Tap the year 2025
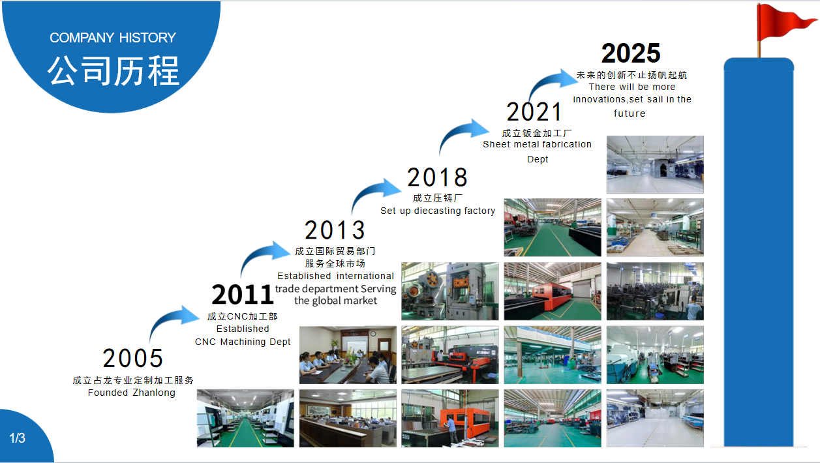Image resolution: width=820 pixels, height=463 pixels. pyautogui.click(x=631, y=53)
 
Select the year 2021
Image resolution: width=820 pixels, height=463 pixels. pyautogui.click(x=534, y=112)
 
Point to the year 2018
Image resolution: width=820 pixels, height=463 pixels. pyautogui.click(x=437, y=177)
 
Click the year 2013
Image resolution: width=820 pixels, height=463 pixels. pyautogui.click(x=335, y=230)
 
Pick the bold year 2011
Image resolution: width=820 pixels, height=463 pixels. pyautogui.click(x=242, y=295)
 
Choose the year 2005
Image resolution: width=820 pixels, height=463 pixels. pyautogui.click(x=132, y=358)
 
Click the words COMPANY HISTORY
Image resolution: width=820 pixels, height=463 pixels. pyautogui.click(x=113, y=38)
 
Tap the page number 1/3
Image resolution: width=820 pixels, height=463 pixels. pyautogui.click(x=17, y=438)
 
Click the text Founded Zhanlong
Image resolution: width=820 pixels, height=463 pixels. pyautogui.click(x=131, y=393)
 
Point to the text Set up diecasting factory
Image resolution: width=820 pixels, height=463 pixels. pyautogui.click(x=438, y=211)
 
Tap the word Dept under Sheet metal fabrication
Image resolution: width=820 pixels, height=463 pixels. pyautogui.click(x=538, y=159)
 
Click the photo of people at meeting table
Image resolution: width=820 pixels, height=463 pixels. pyautogui.click(x=348, y=355)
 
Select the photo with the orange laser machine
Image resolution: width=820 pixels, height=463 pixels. pyautogui.click(x=450, y=419)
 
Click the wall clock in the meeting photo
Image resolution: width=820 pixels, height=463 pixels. pyautogui.click(x=372, y=333)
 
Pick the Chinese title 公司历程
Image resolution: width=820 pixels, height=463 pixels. pyautogui.click(x=114, y=71)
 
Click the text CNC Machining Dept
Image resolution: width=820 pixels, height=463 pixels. pyautogui.click(x=242, y=342)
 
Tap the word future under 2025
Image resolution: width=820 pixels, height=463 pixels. pyautogui.click(x=630, y=113)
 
